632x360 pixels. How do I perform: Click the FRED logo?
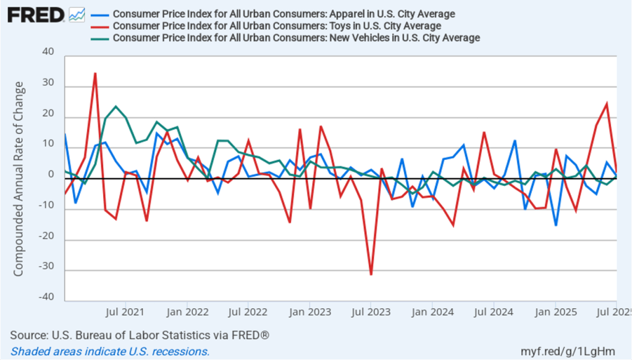click(36, 14)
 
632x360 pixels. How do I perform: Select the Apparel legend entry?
click(284, 14)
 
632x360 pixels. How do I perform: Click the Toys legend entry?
click(277, 26)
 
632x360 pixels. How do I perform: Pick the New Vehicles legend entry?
click(297, 38)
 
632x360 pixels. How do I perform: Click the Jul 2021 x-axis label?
click(126, 311)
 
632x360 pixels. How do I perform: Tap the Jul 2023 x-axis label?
click(371, 311)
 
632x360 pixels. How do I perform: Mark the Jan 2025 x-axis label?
click(555, 311)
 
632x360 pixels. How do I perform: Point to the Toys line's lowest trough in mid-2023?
click(371, 274)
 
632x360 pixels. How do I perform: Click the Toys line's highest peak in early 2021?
click(95, 73)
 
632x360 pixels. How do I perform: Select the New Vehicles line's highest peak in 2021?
click(116, 107)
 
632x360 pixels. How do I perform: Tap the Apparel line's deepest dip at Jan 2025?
click(555, 225)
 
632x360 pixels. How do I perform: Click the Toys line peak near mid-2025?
click(607, 104)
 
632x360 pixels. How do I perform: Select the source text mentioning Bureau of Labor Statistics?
click(140, 335)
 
